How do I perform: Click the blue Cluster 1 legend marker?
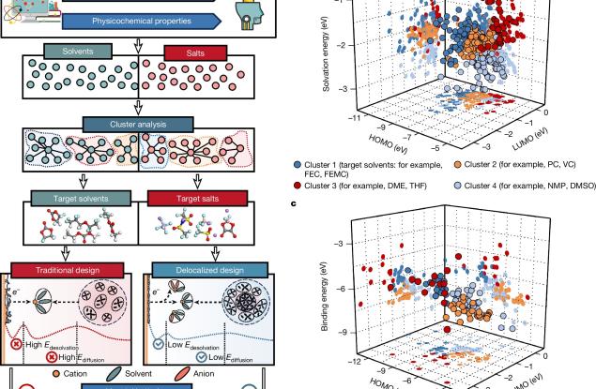298,161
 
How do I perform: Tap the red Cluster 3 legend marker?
298,186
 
